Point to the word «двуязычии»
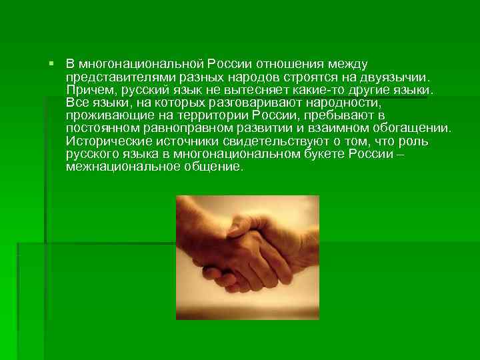coord(398,77)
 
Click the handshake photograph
coord(247,257)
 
